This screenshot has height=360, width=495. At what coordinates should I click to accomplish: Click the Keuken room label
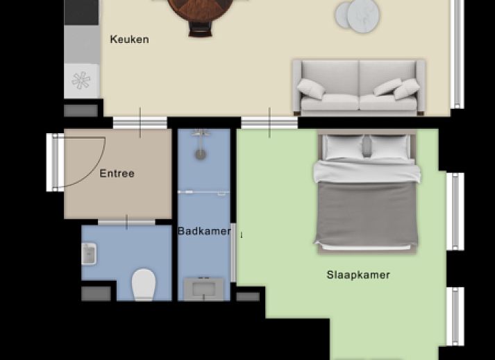(129, 40)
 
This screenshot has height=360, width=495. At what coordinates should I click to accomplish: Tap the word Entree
(117, 173)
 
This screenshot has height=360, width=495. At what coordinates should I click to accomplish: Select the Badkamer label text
(204, 231)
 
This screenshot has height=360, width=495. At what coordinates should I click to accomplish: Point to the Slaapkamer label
(358, 275)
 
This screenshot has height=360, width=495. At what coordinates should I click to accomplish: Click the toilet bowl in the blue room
(144, 284)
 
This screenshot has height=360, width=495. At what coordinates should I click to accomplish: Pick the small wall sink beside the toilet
(89, 254)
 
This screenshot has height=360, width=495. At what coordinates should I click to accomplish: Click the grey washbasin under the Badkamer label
(203, 289)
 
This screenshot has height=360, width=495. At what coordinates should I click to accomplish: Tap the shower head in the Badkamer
(201, 154)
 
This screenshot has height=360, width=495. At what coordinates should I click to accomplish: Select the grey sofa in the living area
(358, 87)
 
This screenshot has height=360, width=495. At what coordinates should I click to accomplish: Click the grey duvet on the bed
(367, 214)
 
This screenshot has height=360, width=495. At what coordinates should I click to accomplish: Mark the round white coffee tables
(357, 16)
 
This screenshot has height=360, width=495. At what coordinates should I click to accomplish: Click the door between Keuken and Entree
(140, 122)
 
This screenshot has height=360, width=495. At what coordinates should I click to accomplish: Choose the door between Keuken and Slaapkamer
(269, 122)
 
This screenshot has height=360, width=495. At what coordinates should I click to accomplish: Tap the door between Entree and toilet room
(126, 222)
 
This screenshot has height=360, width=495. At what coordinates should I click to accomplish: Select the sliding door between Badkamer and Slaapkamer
(233, 252)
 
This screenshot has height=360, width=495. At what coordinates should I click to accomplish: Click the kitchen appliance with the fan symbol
(81, 80)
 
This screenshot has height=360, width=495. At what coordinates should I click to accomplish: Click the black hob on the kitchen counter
(81, 12)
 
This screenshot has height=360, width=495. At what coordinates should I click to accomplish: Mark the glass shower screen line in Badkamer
(204, 192)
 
